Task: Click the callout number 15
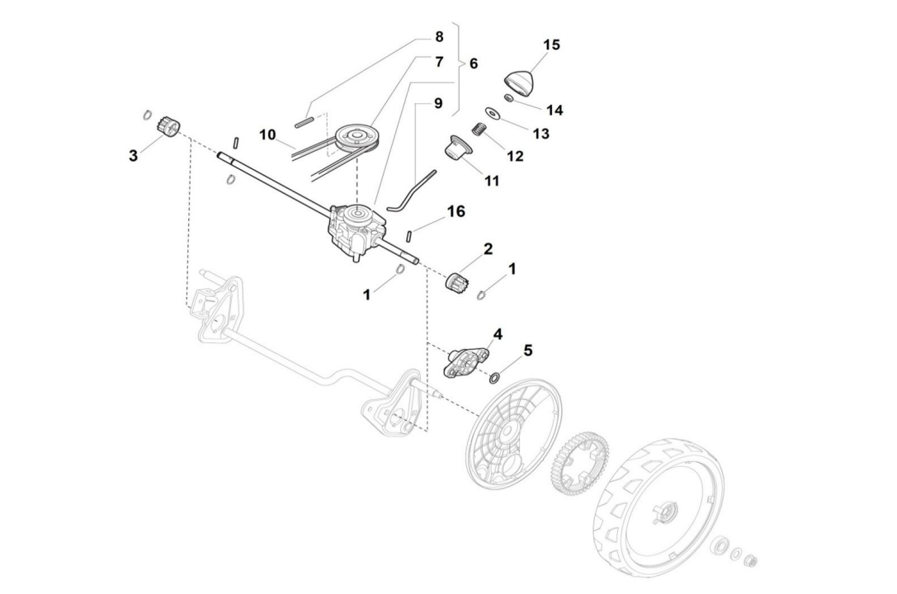click(x=551, y=45)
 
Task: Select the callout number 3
click(x=134, y=155)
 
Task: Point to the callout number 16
click(x=456, y=212)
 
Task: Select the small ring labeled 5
click(x=494, y=378)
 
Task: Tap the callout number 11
click(x=492, y=180)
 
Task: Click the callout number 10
click(x=266, y=134)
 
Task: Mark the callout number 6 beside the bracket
click(x=473, y=63)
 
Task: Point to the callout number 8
click(x=438, y=37)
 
